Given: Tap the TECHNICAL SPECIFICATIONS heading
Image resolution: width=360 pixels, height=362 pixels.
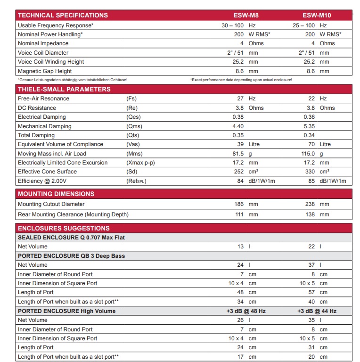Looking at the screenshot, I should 63,15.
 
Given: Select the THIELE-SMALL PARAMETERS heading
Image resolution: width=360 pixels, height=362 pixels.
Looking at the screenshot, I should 64,89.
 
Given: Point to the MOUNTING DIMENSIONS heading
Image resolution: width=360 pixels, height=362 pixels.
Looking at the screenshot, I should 56,194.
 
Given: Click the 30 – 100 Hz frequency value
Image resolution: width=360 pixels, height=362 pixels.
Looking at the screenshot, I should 238,25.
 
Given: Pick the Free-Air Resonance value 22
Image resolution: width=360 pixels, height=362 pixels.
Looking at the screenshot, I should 311,99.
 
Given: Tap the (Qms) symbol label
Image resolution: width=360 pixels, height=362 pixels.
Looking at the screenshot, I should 134,126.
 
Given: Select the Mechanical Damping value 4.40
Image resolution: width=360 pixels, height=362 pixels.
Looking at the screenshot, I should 238,126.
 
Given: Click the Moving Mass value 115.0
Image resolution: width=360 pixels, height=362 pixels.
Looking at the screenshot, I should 308,154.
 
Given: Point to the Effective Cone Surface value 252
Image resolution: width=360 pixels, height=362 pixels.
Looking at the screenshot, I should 239,172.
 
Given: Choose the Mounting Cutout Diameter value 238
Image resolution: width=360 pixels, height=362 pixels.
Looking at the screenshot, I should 311,204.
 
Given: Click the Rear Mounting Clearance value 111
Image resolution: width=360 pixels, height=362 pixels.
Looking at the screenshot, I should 239,214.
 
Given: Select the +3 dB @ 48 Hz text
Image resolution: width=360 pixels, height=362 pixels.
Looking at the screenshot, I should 246,311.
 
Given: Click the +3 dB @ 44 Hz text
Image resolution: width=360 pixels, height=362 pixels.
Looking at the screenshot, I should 317,311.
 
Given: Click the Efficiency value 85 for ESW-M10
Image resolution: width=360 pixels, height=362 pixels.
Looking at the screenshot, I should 311,181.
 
